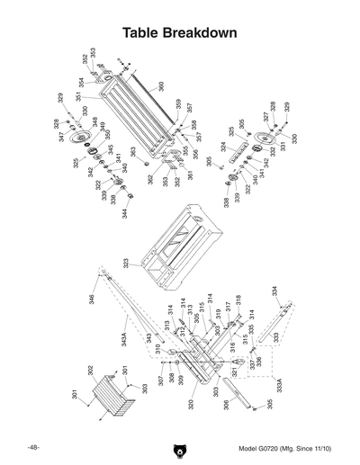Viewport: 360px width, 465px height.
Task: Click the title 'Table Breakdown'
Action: tap(180, 33)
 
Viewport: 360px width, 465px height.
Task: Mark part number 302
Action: tap(90, 370)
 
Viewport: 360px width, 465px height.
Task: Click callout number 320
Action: tap(191, 406)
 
